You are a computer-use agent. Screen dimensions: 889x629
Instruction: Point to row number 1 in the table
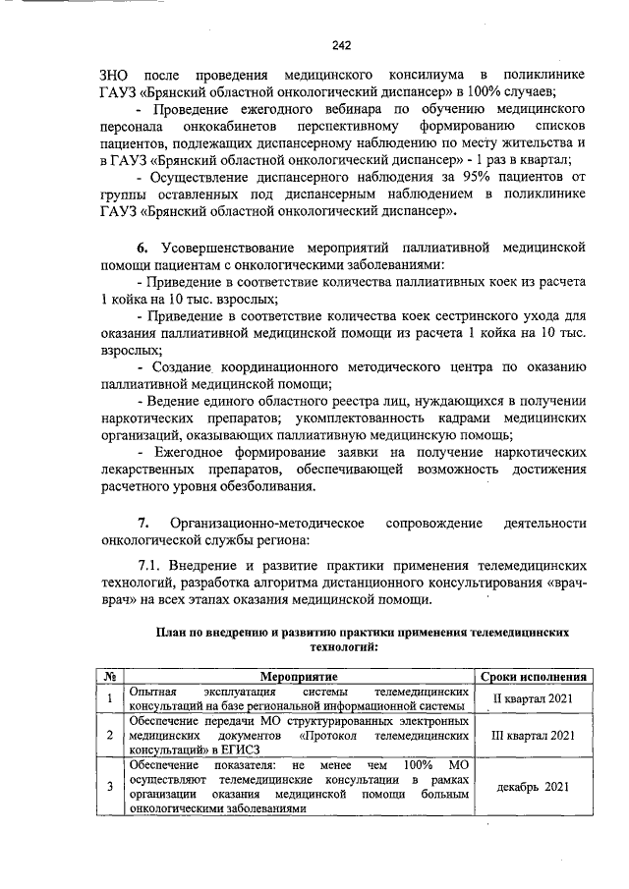111,698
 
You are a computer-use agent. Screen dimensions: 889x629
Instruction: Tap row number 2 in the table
111,734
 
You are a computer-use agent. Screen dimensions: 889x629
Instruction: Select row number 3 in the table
111,787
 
